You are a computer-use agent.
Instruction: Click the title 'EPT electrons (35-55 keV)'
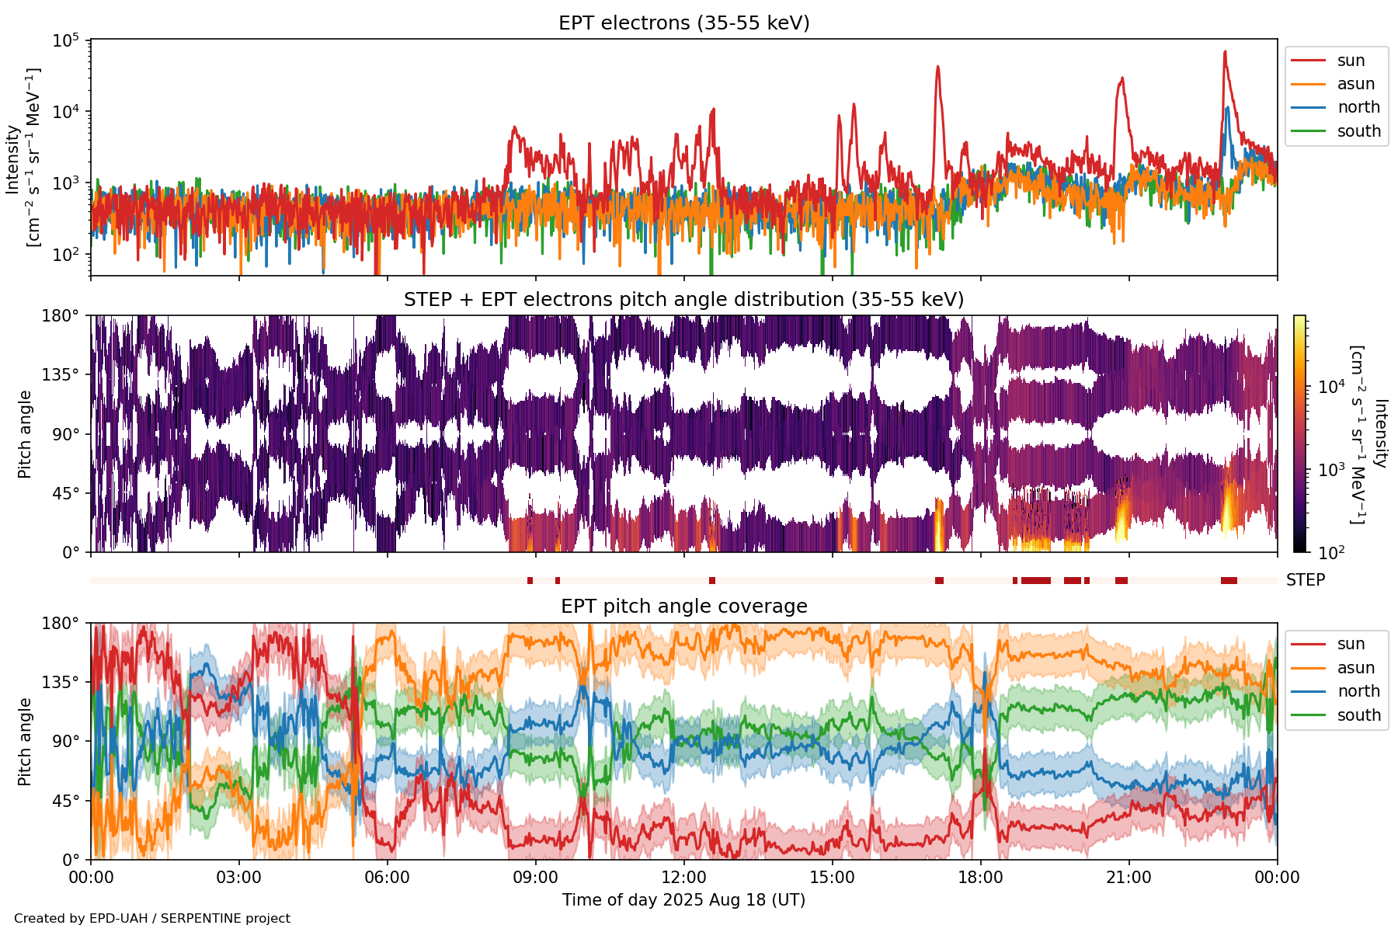(x=683, y=23)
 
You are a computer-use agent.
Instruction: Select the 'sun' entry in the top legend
(x=1351, y=61)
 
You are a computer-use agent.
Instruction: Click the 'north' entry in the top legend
(x=1358, y=107)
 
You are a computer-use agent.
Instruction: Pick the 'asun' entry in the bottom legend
(x=1355, y=668)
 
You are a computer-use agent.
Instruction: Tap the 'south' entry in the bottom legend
(x=1358, y=715)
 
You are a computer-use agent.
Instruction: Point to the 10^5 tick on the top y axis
(x=68, y=40)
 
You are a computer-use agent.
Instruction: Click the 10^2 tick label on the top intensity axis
(x=68, y=255)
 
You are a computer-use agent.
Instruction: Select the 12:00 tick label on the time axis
(x=683, y=878)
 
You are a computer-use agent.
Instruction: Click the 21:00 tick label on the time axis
(x=1128, y=878)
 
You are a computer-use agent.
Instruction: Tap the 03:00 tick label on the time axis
(x=239, y=878)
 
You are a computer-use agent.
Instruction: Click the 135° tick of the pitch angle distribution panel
(x=61, y=375)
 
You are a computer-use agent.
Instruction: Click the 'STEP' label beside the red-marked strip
(x=1305, y=580)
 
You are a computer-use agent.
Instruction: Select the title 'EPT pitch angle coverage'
(x=683, y=607)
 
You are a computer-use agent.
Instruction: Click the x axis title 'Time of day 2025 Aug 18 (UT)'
(x=683, y=900)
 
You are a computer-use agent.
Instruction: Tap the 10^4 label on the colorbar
(x=1331, y=386)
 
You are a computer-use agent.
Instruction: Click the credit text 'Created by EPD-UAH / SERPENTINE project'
(x=152, y=919)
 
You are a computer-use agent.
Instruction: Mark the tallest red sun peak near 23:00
(x=1225, y=52)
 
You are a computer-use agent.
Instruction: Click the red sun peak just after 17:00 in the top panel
(x=937, y=67)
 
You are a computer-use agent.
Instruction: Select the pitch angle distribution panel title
(x=683, y=300)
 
